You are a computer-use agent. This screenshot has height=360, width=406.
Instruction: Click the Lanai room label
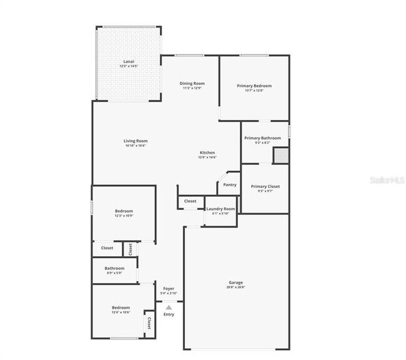click(129, 61)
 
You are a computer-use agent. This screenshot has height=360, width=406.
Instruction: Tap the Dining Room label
click(192, 83)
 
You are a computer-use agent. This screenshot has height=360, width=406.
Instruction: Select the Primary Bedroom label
click(254, 86)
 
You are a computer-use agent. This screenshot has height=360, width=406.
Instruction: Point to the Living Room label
click(135, 141)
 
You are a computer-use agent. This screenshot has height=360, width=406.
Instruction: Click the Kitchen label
click(207, 152)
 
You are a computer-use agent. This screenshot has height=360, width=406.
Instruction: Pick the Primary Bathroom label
click(262, 138)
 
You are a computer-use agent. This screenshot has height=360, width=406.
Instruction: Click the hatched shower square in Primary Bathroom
click(280, 154)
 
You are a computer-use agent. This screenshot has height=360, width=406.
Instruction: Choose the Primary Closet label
click(265, 186)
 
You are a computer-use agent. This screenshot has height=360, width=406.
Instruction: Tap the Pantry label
click(230, 184)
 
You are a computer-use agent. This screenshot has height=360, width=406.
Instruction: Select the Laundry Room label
click(220, 209)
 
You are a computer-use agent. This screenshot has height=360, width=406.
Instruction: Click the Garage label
click(235, 282)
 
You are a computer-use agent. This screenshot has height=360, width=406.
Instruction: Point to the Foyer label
click(169, 289)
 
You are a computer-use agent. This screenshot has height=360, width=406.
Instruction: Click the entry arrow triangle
click(168, 307)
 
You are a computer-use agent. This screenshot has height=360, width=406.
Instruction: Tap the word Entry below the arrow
click(169, 314)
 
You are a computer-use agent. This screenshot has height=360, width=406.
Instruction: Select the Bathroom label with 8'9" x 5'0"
click(114, 268)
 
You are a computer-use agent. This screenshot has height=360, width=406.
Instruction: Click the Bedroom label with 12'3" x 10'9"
click(123, 211)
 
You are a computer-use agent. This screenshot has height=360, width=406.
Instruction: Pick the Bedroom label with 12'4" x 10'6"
click(121, 307)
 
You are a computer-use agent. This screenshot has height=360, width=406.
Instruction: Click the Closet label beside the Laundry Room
click(190, 201)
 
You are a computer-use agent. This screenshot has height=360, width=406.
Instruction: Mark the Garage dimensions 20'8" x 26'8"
click(235, 287)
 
